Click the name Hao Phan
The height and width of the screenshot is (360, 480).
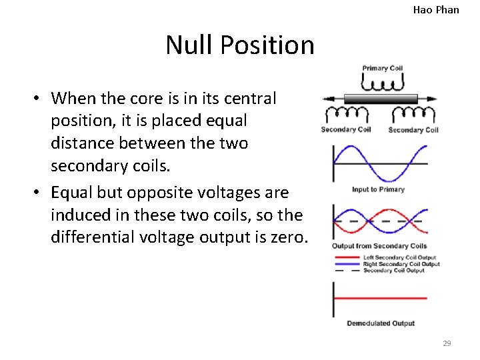tap(436, 9)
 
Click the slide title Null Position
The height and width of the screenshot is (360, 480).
tap(240, 45)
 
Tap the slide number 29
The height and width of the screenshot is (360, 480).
tap(447, 343)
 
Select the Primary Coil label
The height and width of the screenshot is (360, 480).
tap(383, 68)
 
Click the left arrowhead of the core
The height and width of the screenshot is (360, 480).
tap(327, 99)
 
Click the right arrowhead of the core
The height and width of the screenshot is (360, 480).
tap(433, 99)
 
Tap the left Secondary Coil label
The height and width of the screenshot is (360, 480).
tap(346, 129)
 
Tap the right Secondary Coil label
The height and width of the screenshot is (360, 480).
tap(413, 130)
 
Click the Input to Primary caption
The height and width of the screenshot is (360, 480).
tap(378, 190)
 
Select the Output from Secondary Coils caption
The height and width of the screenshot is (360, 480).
tap(379, 247)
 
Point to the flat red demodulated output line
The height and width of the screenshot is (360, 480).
tap(380, 298)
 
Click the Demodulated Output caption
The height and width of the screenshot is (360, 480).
tap(380, 323)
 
